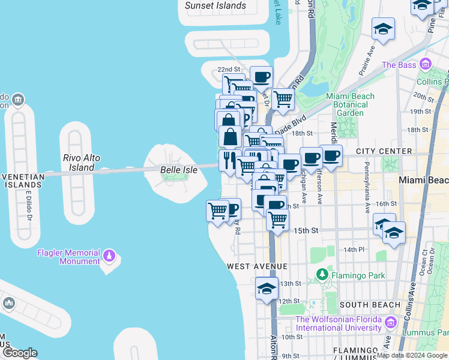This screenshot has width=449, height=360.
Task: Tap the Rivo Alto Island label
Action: click(x=81, y=163)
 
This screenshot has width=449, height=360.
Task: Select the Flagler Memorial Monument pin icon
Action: click(x=109, y=257)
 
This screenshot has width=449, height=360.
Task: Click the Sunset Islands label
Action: click(x=215, y=6)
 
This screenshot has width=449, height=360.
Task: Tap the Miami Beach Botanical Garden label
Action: click(x=350, y=104)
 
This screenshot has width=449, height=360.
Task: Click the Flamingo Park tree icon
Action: click(x=322, y=275)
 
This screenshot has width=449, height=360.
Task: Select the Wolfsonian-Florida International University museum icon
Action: click(x=391, y=323)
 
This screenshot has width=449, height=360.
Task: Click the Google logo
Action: click(x=19, y=353)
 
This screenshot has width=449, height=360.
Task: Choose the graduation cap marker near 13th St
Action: click(x=267, y=288)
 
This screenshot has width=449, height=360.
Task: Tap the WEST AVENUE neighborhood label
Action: click(x=258, y=266)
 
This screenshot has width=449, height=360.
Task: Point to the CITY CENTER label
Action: click(x=384, y=152)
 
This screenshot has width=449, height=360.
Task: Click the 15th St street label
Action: click(x=306, y=230)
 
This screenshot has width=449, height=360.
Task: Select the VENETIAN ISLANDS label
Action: click(x=22, y=181)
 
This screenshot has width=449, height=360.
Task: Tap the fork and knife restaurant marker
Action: click(x=229, y=161)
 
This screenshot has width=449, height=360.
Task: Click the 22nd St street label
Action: click(x=228, y=70)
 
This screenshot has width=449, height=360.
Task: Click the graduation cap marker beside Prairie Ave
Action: click(x=383, y=28)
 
